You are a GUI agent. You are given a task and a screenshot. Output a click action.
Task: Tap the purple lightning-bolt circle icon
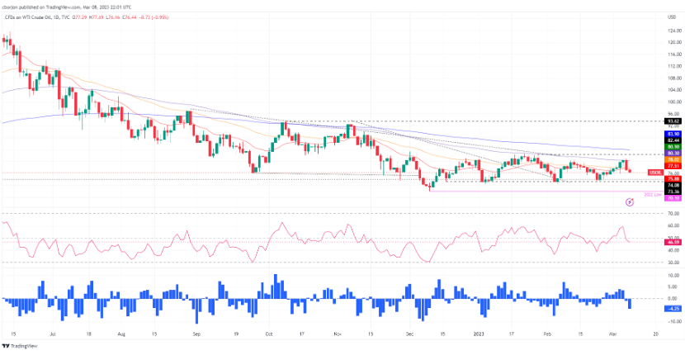point(630,201)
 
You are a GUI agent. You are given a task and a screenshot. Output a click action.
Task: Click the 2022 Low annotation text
point(651,194)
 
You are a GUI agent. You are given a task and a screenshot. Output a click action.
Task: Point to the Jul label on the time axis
point(53,336)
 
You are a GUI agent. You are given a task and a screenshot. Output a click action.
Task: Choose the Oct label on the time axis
point(269,336)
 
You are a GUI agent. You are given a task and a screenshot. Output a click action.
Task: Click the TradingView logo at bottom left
point(23,348)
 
